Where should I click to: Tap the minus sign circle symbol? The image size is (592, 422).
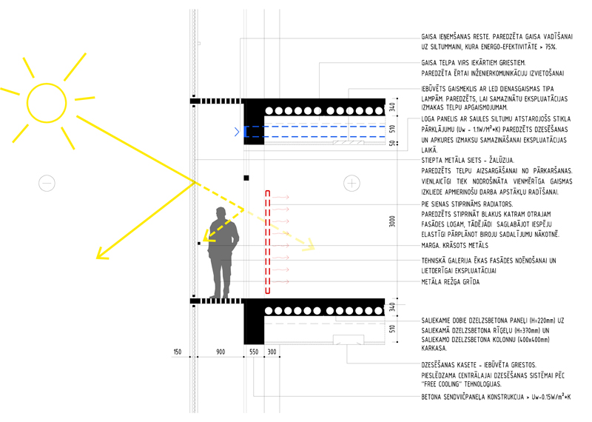(47, 175)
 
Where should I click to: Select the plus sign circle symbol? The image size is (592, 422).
(352, 175)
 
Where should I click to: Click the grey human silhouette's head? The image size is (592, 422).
(221, 212)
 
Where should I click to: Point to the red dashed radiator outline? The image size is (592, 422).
(268, 242)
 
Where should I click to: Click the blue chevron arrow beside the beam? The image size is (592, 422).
(237, 132)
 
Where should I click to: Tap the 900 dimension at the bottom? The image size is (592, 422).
(221, 352)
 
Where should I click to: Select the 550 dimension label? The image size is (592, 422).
(254, 352)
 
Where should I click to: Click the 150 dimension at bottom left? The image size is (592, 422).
(178, 352)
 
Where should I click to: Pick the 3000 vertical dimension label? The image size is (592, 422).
(392, 221)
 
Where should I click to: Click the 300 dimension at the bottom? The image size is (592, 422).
(272, 352)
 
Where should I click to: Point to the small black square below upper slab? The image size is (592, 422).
(246, 178)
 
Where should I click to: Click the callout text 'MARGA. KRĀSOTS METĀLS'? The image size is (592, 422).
(454, 246)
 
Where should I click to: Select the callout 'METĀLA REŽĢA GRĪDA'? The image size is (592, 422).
(451, 282)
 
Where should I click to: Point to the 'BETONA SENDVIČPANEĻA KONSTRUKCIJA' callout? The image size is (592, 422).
(473, 397)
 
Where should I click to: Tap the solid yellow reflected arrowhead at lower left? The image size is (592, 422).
(101, 254)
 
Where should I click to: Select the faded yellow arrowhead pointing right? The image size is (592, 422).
(310, 245)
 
